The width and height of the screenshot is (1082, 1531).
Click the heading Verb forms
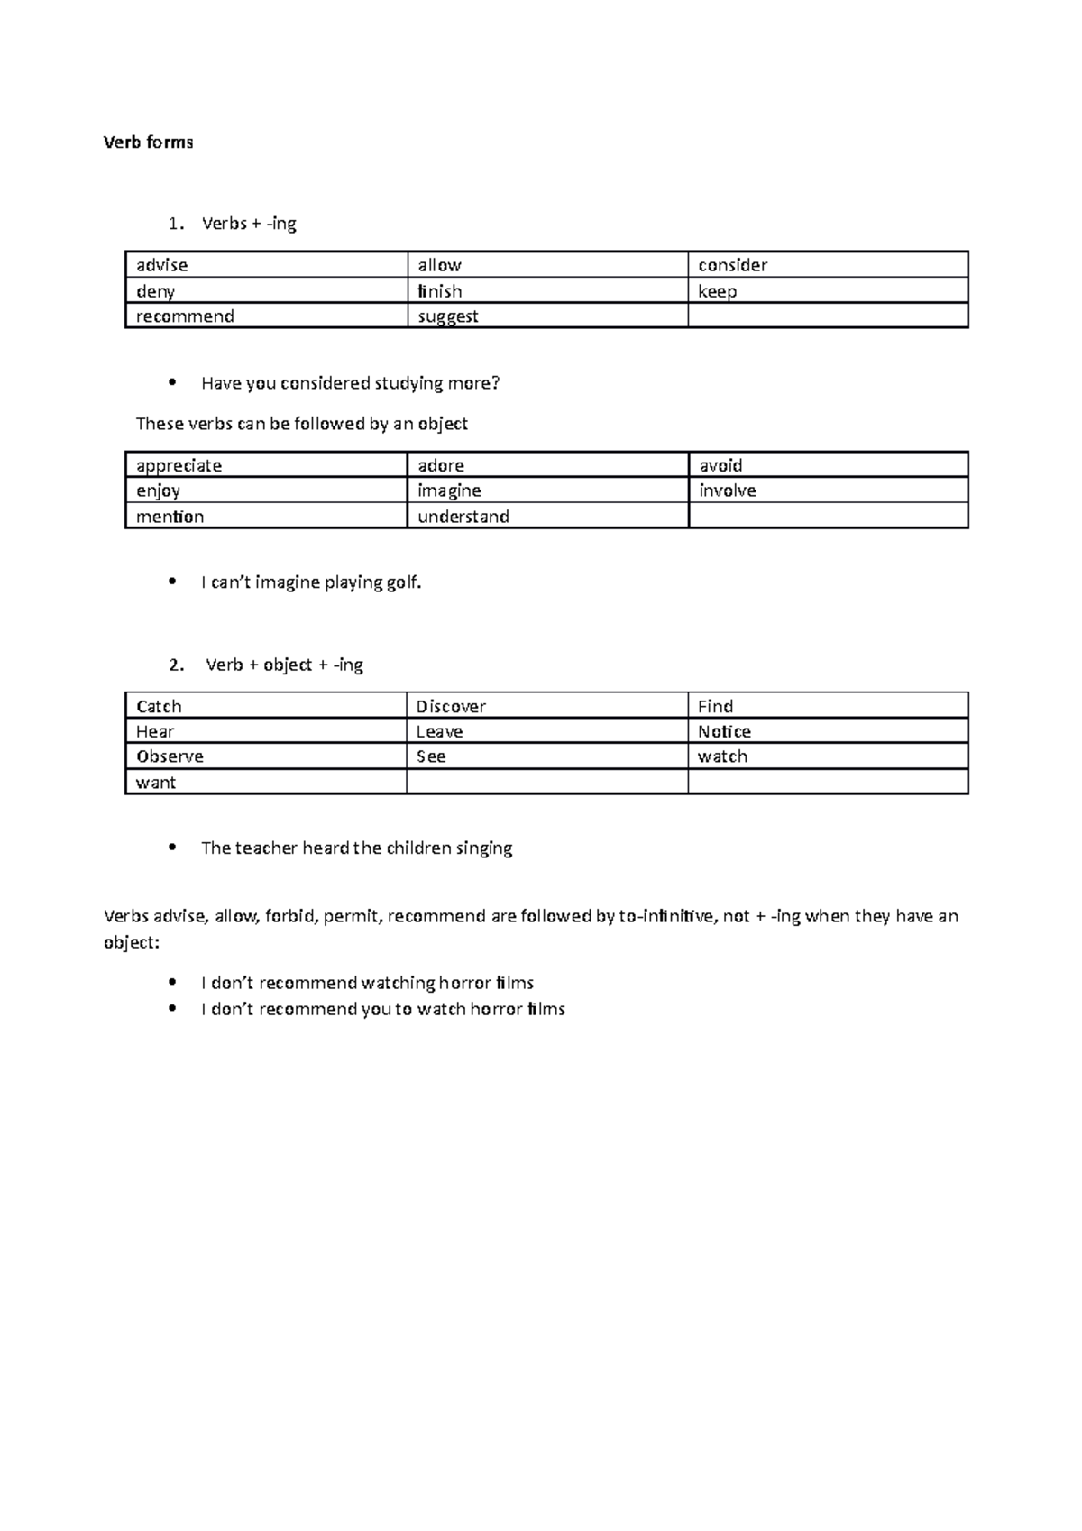(148, 142)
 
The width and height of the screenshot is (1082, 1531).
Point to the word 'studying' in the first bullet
(404, 383)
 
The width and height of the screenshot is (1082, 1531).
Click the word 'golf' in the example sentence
(402, 582)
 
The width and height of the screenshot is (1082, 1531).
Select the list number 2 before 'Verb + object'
(177, 665)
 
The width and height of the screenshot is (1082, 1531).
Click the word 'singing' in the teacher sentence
(484, 848)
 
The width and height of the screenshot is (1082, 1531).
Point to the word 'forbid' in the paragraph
(290, 917)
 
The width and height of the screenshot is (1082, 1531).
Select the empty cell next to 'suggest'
(828, 316)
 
